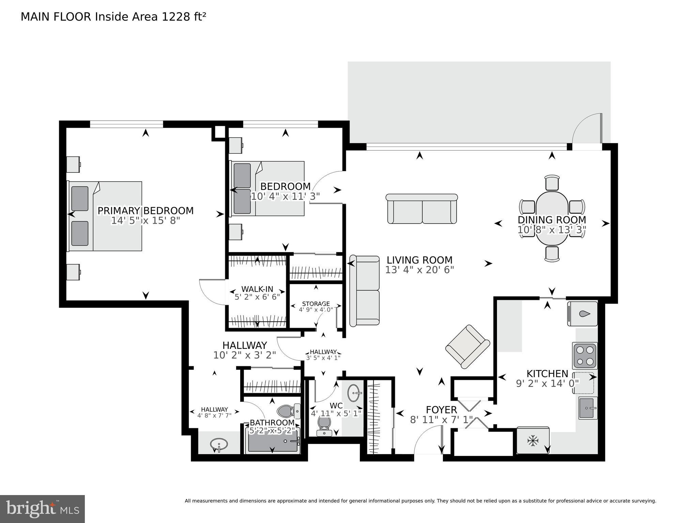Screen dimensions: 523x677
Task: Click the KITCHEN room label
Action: click(547, 373)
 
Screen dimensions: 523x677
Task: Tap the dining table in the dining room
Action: click(552, 218)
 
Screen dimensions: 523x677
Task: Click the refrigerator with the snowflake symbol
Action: click(533, 441)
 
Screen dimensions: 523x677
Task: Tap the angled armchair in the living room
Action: click(467, 346)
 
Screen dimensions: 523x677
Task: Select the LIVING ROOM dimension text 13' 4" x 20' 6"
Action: click(419, 270)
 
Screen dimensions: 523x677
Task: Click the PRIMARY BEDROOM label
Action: click(145, 211)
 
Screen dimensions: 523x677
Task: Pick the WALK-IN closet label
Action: click(257, 289)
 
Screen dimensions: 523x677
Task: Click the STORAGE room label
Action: click(316, 304)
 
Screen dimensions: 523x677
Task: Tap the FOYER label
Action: click(441, 410)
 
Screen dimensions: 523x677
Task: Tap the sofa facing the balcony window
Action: click(422, 209)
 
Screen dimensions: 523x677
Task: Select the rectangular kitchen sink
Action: click(588, 407)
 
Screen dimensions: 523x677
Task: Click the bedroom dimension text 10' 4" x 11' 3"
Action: click(286, 197)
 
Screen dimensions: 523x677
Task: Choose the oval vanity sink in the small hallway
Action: click(219, 444)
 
